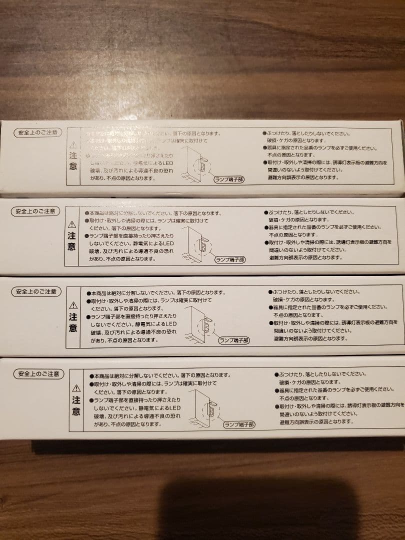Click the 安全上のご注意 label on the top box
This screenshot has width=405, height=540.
38,133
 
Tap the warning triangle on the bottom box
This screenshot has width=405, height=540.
76,388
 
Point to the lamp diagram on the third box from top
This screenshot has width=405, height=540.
202,325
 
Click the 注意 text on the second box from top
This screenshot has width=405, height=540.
72,241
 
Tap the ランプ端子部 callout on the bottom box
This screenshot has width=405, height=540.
239,424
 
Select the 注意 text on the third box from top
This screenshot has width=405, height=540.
73,322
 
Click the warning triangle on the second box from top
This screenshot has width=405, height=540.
72,224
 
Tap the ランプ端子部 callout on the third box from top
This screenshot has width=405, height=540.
234,340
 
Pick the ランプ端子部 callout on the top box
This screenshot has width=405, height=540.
229,179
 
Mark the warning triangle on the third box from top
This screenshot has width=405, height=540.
73,305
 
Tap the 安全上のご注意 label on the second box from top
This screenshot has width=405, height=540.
35,211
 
